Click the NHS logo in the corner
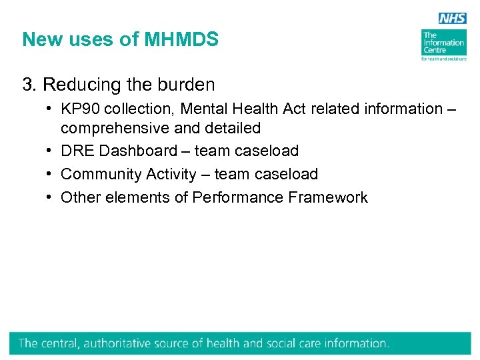click(x=452, y=19)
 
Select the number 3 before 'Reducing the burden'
click(x=27, y=85)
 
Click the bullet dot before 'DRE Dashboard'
click(x=51, y=151)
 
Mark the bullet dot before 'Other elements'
click(x=51, y=197)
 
